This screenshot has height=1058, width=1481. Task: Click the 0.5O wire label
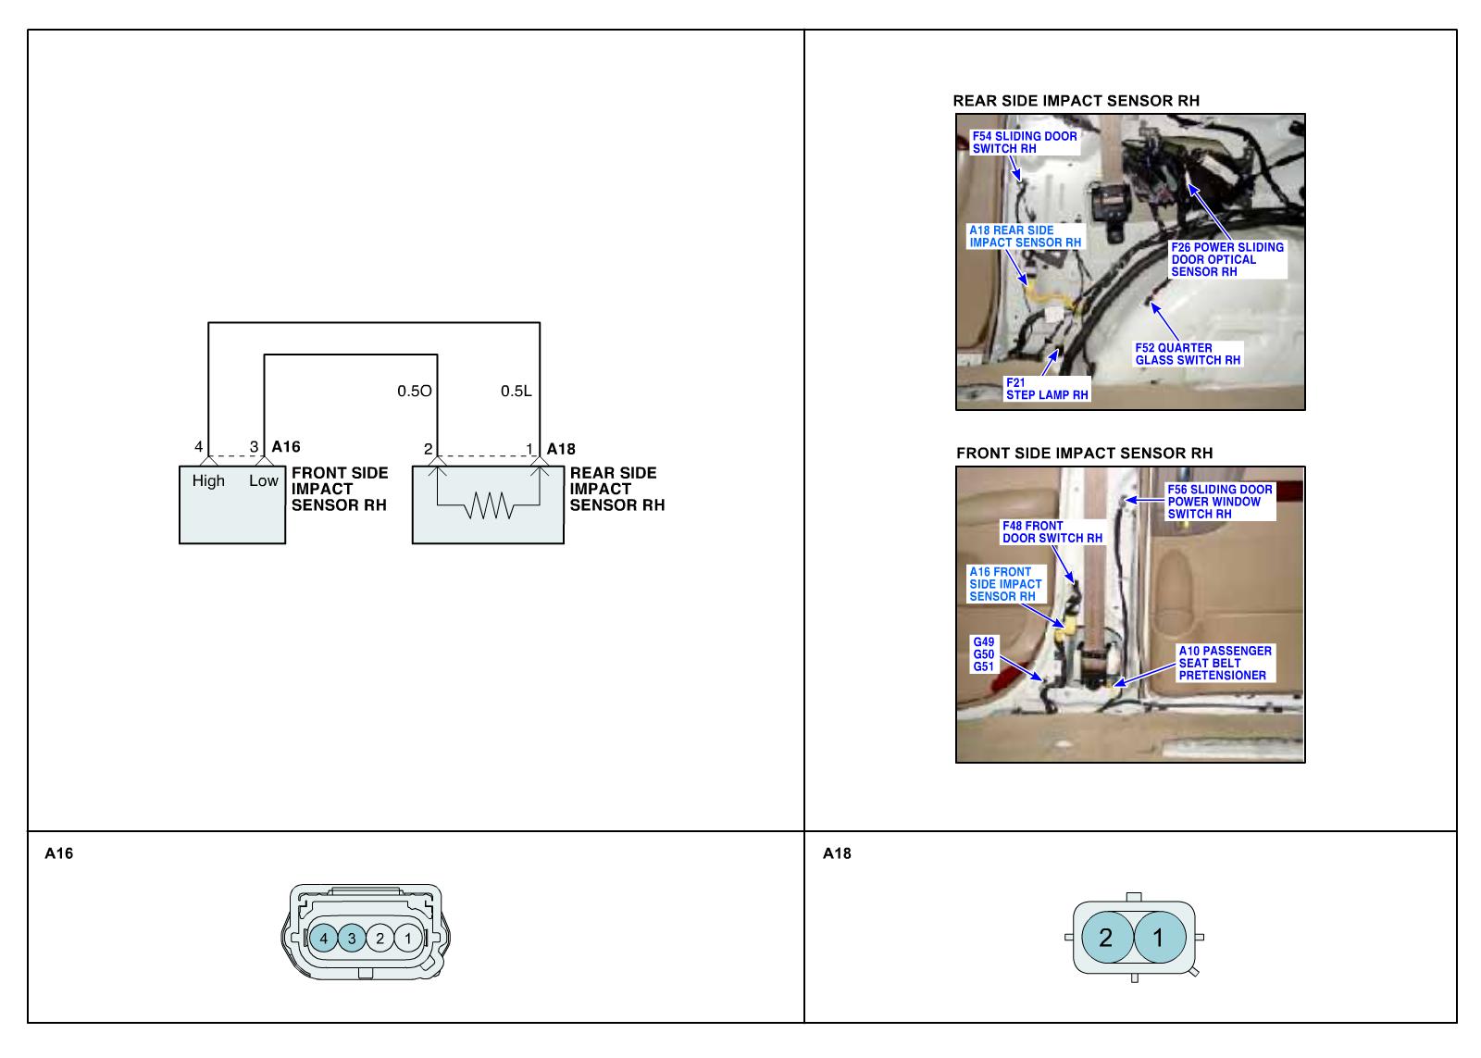414,391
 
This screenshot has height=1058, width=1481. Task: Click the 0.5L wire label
516,391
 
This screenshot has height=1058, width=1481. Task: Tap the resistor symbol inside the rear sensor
488,505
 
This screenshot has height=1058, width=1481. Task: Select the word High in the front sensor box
208,480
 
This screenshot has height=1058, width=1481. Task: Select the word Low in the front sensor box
263,480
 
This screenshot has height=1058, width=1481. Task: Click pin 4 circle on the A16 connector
323,938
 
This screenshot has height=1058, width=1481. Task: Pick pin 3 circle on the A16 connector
352,938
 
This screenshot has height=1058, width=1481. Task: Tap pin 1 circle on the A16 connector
407,938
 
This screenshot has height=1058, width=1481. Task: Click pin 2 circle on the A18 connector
1106,938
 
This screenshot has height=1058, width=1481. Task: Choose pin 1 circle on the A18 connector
1157,938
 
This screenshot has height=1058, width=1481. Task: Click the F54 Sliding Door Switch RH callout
1024,142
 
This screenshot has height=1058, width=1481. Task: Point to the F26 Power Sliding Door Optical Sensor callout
1226,260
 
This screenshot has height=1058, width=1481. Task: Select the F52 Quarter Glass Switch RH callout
1188,354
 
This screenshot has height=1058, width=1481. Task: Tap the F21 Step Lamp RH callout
1047,389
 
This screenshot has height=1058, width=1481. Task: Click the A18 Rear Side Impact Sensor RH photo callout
1025,236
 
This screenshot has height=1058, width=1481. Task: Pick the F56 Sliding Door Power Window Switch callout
1220,502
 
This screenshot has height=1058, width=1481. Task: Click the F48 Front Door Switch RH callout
1052,531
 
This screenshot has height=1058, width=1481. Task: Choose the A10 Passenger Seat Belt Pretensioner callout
1225,663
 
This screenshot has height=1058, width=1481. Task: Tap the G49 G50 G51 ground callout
983,653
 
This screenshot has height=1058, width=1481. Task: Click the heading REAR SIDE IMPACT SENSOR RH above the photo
1077,101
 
